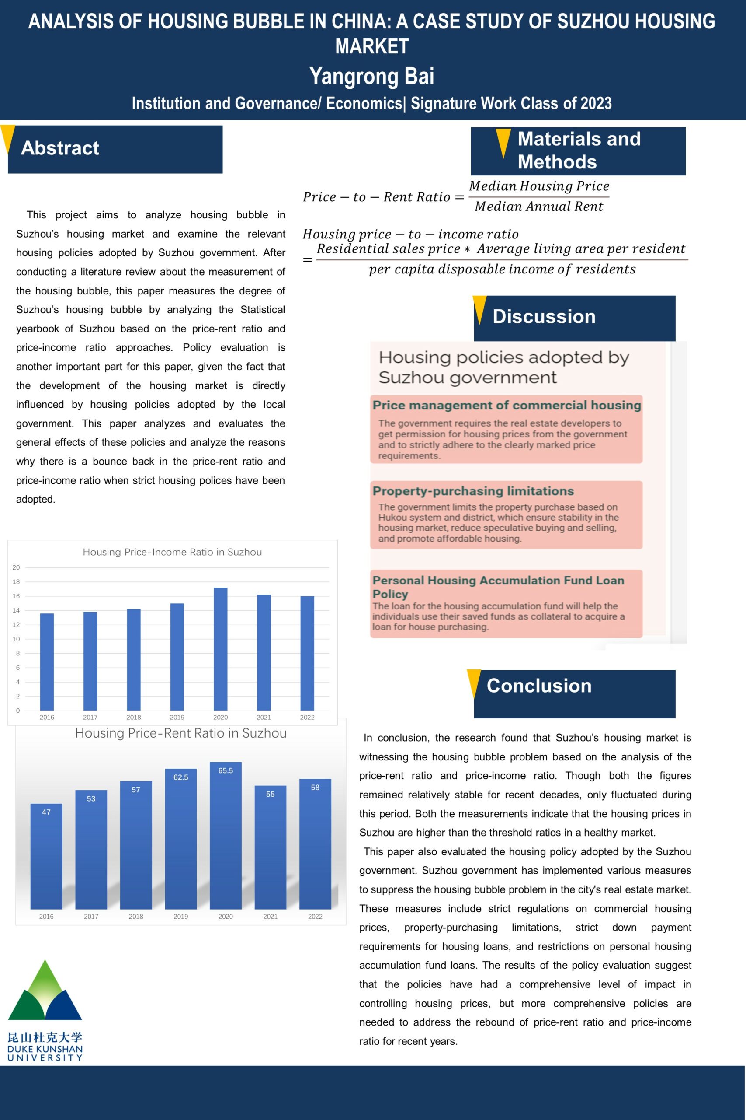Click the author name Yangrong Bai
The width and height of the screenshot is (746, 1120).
coord(371,76)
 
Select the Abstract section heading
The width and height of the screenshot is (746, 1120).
coord(60,148)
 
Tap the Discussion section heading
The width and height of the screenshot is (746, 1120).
coord(544,317)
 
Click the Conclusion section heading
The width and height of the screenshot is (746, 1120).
coord(538,686)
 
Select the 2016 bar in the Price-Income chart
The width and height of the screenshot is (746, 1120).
coord(47,661)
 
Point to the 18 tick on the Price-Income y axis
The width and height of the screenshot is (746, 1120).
coord(16,581)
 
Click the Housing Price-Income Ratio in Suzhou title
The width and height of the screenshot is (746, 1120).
coord(172,552)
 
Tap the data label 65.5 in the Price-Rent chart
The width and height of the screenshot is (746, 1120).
coord(226,770)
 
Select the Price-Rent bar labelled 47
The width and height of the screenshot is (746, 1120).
coord(46,857)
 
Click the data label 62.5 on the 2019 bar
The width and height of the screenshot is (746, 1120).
coord(181,777)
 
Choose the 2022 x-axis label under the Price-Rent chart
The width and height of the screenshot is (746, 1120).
coord(315,916)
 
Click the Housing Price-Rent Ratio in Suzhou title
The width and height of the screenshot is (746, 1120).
coord(181,733)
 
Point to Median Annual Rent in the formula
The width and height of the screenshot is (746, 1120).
coord(538,206)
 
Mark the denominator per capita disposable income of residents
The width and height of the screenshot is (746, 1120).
coord(502,269)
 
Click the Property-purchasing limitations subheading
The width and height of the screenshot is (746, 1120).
coord(473,491)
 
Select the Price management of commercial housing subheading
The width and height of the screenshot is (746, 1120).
coord(507,405)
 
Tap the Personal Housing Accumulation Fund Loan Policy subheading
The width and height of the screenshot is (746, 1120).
coord(498,587)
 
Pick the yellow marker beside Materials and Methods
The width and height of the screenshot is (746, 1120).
coord(503,142)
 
